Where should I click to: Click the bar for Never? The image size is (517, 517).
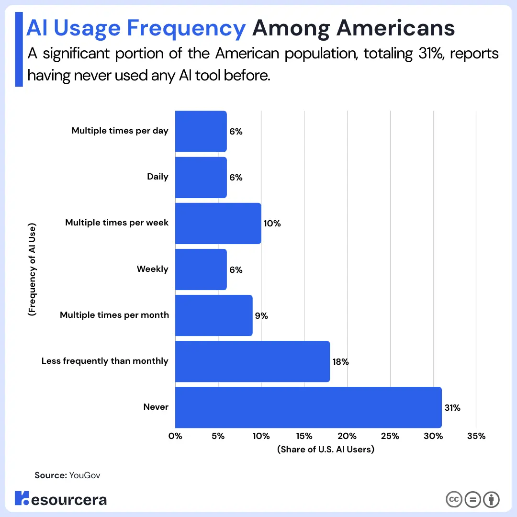point(308,407)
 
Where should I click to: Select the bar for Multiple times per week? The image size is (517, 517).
point(218,224)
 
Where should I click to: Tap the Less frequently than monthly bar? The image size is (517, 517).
point(252,361)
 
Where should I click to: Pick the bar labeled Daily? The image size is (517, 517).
point(201,178)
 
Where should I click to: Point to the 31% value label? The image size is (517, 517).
point(452,408)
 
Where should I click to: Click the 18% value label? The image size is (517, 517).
point(340,362)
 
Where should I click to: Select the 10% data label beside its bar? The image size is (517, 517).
point(272,224)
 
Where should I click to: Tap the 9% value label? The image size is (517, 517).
point(261,316)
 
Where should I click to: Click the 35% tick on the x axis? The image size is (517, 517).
point(476,436)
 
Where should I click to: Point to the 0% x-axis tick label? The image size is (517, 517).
point(176,436)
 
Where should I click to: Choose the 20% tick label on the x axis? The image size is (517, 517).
point(347,436)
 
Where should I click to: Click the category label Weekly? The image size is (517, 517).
point(153,269)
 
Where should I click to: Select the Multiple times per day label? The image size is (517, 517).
point(120,131)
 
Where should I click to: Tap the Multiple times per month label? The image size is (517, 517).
point(114,315)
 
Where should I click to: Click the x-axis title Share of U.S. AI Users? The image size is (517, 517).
point(326,450)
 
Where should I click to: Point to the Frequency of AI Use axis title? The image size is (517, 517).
point(32,269)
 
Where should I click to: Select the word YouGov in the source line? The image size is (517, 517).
point(85,475)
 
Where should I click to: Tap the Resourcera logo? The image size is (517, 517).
point(61,499)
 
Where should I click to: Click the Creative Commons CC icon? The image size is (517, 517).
point(453,499)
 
